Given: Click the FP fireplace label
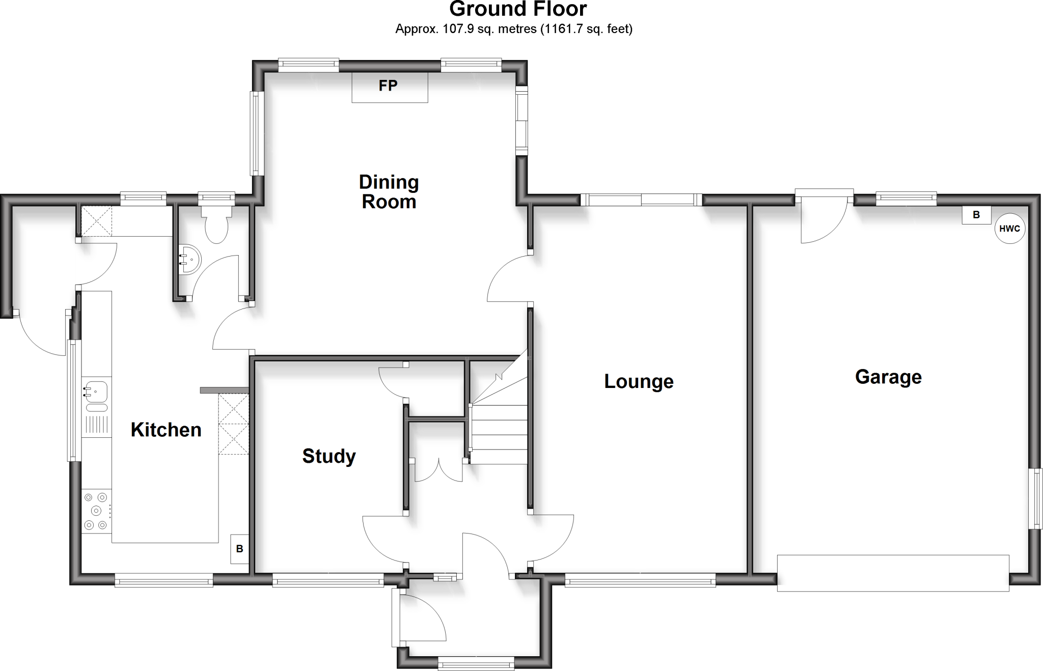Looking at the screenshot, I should pos(388,86).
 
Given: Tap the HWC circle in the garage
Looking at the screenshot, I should pos(1009,229).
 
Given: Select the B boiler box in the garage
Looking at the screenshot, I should pos(976,215).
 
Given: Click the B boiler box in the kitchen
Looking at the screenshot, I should pos(239,549).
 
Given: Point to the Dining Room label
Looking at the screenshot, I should pos(389,191).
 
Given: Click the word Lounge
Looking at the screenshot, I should pos(639,381).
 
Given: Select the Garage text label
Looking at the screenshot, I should pos(888,377).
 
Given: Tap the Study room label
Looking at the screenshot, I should pos(328,456).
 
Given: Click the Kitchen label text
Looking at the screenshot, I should pos(166,430).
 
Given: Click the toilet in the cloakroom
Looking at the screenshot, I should pos(216,225).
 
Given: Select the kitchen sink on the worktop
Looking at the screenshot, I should pos(96,393).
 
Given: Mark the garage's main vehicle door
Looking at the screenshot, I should pos(893,573).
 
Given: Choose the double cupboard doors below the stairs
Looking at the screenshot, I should pos(438,470).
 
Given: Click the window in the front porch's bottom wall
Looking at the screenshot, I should pos(476,662).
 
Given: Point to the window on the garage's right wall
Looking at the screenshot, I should pos(1035,498).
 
